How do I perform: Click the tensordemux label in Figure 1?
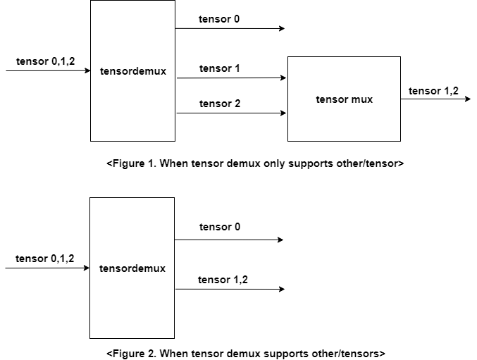pyautogui.click(x=133, y=71)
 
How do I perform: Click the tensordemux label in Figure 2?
pyautogui.click(x=132, y=268)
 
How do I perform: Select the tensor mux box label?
pyautogui.click(x=344, y=99)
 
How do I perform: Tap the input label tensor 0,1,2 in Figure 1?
pyautogui.click(x=45, y=62)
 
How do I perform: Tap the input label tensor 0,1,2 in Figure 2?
pyautogui.click(x=44, y=259)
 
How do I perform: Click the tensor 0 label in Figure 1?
pyautogui.click(x=219, y=19)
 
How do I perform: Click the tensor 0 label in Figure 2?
pyautogui.click(x=219, y=227)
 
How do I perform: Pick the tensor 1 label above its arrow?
pyautogui.click(x=219, y=68)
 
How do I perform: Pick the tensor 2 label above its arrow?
pyautogui.click(x=219, y=104)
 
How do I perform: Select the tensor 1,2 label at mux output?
pyautogui.click(x=433, y=90)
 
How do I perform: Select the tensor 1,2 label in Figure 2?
pyautogui.click(x=223, y=280)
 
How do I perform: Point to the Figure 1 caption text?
pyautogui.click(x=254, y=163)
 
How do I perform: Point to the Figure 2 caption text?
pyautogui.click(x=246, y=353)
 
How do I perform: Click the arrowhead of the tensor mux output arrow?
pyautogui.click(x=467, y=99)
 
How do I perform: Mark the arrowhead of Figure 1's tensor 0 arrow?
pyautogui.click(x=281, y=29)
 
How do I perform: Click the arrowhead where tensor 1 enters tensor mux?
pyautogui.click(x=284, y=78)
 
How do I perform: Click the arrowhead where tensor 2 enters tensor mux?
pyautogui.click(x=284, y=113)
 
